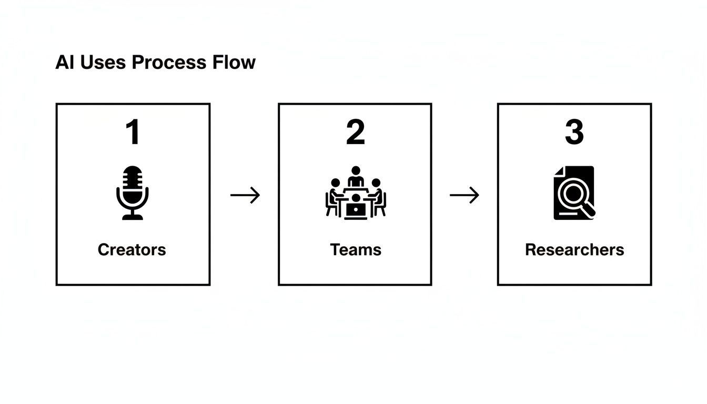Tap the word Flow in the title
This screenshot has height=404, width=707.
(234, 62)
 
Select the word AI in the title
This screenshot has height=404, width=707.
(64, 62)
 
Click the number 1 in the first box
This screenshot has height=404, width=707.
(133, 133)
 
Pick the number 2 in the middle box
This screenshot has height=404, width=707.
(355, 133)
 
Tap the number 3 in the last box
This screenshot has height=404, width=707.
(574, 133)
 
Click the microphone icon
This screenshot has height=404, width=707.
(132, 193)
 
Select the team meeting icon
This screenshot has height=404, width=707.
(356, 193)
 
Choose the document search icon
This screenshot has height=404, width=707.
(574, 193)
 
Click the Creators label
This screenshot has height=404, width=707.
(132, 249)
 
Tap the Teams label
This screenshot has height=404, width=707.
(356, 249)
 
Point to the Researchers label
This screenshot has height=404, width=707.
(574, 249)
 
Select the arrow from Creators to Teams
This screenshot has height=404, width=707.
(245, 195)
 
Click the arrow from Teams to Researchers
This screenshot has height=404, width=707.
(464, 195)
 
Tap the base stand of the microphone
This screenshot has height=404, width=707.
(132, 216)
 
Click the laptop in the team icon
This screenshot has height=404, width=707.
(356, 210)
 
